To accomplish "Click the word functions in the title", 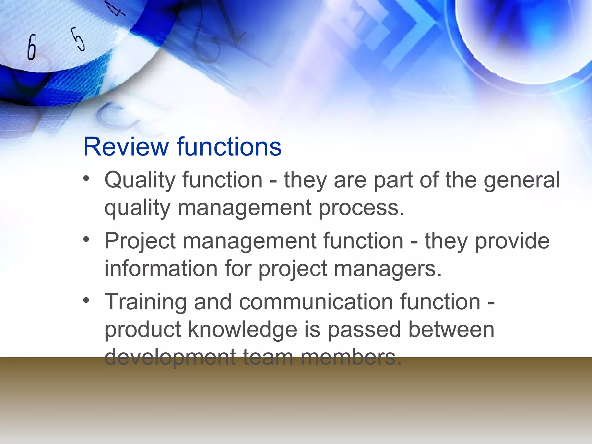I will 229,147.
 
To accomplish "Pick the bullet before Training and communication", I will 86,300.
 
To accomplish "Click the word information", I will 161,269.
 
